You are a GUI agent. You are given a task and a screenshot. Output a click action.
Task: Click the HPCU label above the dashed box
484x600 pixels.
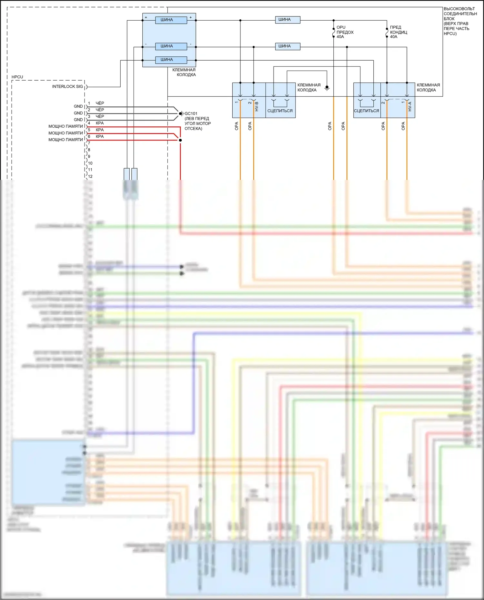17,77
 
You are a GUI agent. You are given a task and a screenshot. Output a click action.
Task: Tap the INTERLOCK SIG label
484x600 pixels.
67,87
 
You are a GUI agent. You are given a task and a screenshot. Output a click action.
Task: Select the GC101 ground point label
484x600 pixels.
191,114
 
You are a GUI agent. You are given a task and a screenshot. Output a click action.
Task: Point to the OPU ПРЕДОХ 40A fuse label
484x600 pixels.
345,32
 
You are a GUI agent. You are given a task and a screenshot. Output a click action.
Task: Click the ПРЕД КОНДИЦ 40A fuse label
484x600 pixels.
398,32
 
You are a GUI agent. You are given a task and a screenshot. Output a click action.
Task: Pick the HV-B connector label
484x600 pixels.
257,107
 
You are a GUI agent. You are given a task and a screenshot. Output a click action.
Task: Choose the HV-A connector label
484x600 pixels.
410,107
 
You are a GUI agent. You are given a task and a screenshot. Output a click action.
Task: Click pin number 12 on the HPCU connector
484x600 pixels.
90,177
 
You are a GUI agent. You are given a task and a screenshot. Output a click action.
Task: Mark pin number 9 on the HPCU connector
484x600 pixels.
89,156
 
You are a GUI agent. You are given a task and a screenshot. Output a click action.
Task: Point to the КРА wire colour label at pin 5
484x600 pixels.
100,130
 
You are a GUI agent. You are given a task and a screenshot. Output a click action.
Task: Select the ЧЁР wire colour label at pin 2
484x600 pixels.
100,110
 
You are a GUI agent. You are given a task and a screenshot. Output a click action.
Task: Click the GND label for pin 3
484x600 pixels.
78,120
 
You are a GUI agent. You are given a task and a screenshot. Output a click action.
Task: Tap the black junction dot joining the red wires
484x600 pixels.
180,140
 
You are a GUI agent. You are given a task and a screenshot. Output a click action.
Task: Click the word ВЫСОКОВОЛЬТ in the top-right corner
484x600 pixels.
459,9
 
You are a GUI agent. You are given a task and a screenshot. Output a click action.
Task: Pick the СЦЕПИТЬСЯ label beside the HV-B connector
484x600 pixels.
280,111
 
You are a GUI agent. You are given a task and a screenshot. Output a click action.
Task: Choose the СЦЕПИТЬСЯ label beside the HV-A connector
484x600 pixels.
366,111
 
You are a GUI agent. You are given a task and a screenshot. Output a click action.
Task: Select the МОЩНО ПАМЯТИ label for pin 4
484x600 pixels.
66,126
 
